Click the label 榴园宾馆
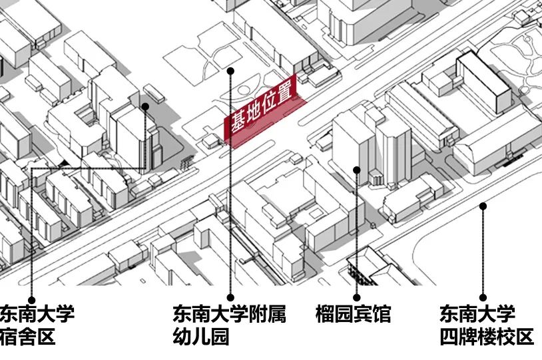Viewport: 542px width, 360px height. (x=353, y=314)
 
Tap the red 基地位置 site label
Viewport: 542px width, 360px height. (x=262, y=114)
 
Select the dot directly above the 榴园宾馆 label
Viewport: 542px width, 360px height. (x=356, y=297)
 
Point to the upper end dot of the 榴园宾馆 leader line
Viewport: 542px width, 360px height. (x=356, y=170)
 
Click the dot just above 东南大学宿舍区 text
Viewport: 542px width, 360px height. (x=31, y=299)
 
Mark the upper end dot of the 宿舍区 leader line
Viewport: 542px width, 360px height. (x=145, y=105)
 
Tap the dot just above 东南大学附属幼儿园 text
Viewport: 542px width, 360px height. (x=230, y=297)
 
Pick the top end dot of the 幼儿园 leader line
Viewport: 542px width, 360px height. (x=230, y=70)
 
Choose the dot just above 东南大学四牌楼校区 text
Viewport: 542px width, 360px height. (x=483, y=298)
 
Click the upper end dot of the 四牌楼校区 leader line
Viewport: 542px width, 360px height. (x=483, y=206)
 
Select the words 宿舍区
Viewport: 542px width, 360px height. (x=27, y=337)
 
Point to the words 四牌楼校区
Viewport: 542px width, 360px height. (x=486, y=337)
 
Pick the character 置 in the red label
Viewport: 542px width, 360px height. (x=287, y=94)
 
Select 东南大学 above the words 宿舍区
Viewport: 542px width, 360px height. (x=37, y=314)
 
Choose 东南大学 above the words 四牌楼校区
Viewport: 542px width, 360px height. (x=477, y=314)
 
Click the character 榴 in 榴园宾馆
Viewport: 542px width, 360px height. (x=324, y=314)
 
